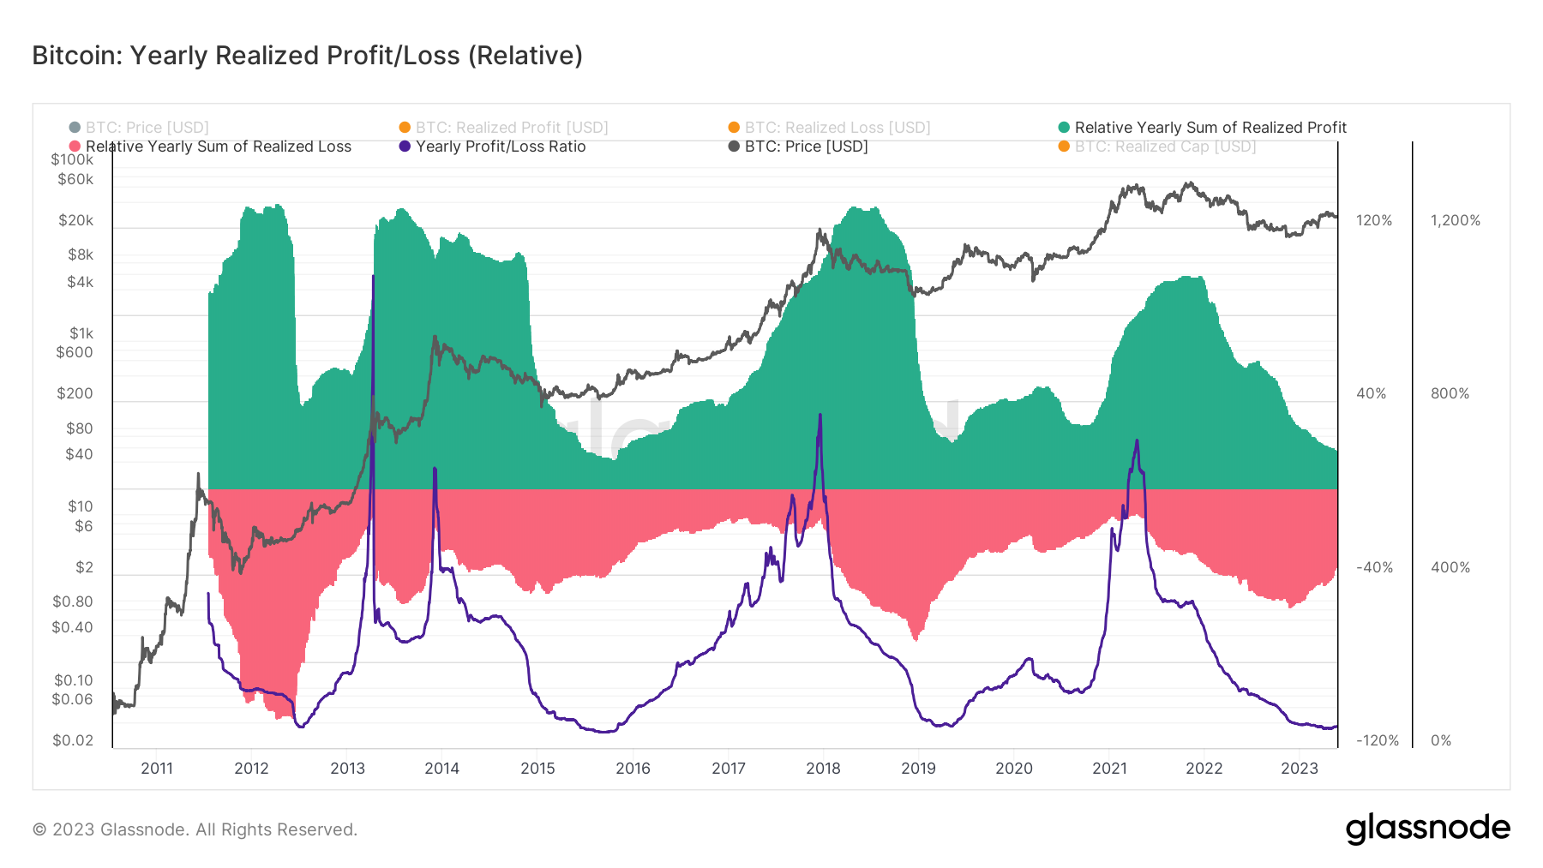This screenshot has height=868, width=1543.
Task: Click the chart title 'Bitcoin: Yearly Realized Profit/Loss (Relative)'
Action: click(307, 56)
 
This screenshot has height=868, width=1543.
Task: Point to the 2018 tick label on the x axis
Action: click(823, 769)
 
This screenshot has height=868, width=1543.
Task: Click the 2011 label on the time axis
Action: click(157, 769)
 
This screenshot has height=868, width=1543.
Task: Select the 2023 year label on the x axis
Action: click(1299, 769)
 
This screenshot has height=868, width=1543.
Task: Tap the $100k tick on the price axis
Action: click(72, 159)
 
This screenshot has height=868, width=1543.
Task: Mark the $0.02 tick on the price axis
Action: click(73, 740)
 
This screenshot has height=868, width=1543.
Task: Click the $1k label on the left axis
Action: click(81, 333)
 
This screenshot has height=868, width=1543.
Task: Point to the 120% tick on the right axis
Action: click(1374, 220)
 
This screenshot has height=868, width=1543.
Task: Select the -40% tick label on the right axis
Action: click(1374, 567)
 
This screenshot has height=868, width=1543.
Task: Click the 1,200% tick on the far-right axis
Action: click(1455, 220)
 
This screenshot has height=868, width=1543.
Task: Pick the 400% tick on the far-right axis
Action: click(1450, 567)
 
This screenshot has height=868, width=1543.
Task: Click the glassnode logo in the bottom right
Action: click(1427, 829)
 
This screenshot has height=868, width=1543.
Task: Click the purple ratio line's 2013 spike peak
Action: click(373, 277)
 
